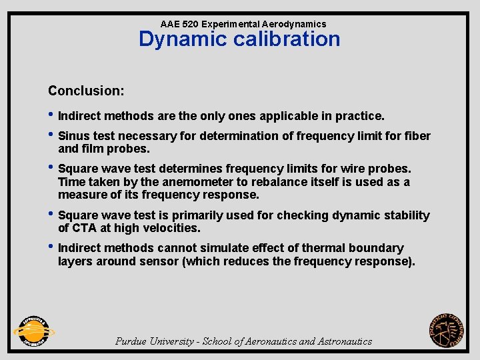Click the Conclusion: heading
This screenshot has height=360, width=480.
coord(86,90)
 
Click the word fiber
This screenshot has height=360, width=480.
coord(417,136)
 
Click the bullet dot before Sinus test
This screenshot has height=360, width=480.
coord(51,136)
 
